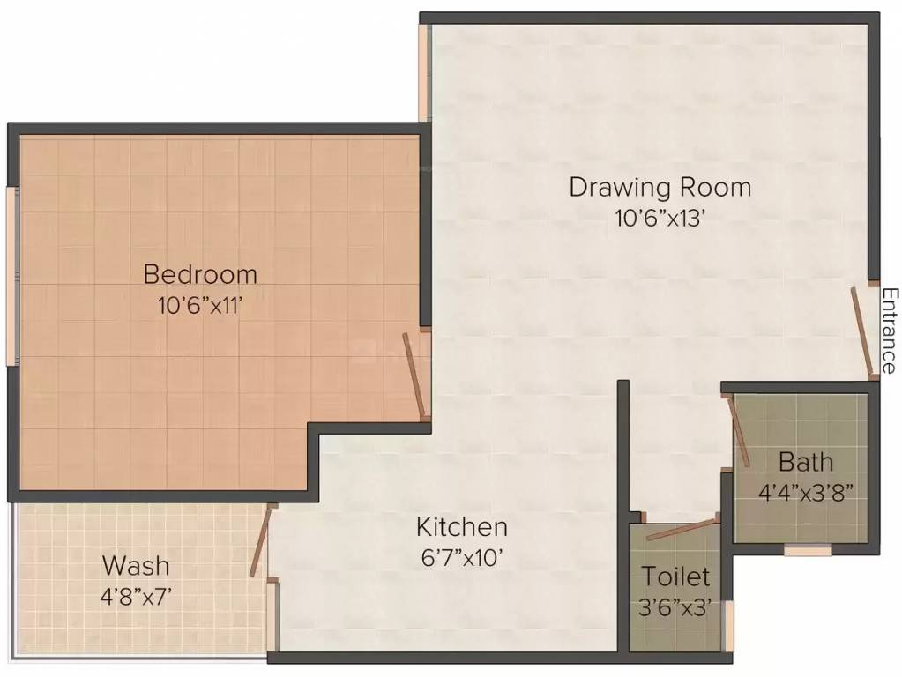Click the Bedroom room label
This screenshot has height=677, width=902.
[200, 274]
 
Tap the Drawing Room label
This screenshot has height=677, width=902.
[660, 187]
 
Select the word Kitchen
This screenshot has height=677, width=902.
[462, 527]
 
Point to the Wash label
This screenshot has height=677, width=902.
[136, 565]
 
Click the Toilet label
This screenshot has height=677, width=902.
[676, 577]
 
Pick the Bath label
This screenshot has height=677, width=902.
[805, 461]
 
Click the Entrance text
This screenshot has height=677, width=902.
[889, 331]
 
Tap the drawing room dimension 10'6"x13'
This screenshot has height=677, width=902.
[660, 218]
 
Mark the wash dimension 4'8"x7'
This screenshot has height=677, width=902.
[136, 595]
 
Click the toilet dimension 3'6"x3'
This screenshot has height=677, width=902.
[676, 607]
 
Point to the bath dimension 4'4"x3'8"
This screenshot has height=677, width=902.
[805, 491]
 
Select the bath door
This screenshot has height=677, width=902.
[739, 432]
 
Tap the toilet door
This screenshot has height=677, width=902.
[682, 532]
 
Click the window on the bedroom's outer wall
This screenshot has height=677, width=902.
[11, 274]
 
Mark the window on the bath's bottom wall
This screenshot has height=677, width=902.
[808, 551]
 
